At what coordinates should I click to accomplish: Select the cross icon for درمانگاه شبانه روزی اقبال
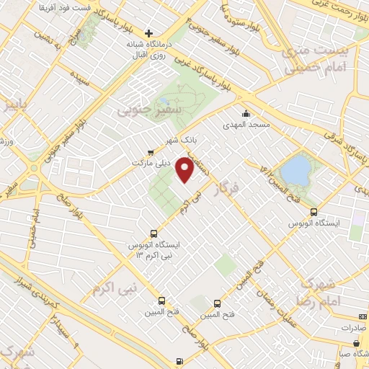tap(149, 33)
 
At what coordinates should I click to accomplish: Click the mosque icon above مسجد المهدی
tap(246, 112)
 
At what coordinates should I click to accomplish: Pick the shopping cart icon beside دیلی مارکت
tap(149, 152)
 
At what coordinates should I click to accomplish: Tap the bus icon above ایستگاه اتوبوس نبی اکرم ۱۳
tap(153, 233)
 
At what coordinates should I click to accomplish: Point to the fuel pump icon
tap(179, 361)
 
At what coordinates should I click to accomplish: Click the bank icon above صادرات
tap(362, 317)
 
